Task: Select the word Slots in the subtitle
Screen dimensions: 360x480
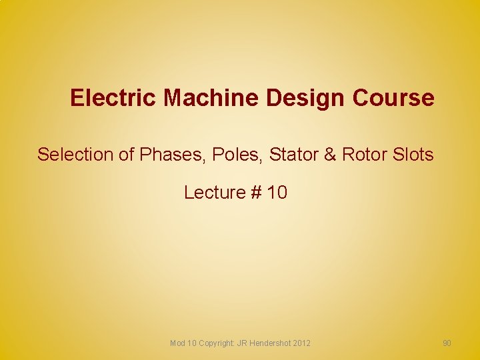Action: click(413, 155)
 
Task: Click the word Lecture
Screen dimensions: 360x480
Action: click(215, 193)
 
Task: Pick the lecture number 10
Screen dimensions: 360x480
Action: click(277, 193)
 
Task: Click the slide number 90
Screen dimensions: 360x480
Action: click(447, 343)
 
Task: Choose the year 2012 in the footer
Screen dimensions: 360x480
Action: click(301, 343)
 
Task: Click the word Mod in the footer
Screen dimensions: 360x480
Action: click(177, 343)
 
